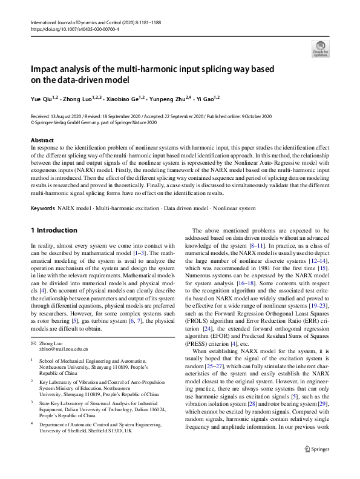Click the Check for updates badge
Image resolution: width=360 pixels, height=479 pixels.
(x=320, y=48)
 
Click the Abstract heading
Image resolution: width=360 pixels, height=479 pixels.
(x=42, y=140)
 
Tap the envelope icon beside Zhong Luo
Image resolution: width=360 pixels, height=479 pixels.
(x=33, y=343)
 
